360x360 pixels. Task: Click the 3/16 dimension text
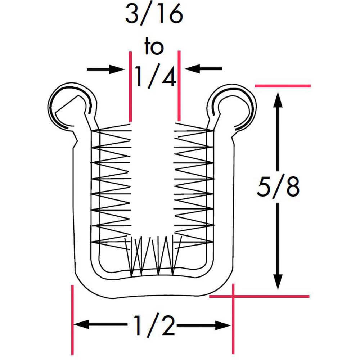coord(154,15)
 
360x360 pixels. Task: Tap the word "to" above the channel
coord(154,47)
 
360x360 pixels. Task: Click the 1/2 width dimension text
coord(154,325)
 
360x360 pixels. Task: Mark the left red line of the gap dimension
coord(130,86)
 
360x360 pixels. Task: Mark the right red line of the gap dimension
coord(179,86)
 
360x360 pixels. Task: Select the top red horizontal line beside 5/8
coord(283,86)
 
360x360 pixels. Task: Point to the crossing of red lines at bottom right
coord(233,296)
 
